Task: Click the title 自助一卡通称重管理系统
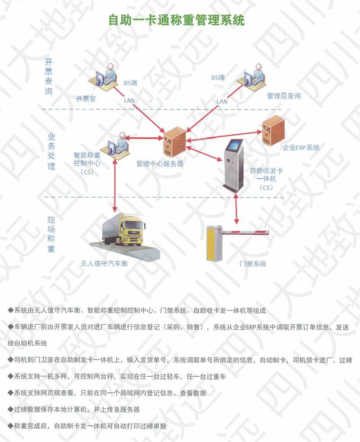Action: coord(177,20)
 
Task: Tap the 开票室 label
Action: coord(86,99)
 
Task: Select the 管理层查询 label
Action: coord(283,96)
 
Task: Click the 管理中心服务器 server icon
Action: coord(175,142)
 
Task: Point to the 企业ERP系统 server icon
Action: coord(273,130)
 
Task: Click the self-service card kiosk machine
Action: coord(234,166)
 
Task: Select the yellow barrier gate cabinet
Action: coord(214,243)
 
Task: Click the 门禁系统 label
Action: coord(253,264)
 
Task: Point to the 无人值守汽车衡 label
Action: coord(105,264)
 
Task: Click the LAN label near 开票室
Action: coord(129,100)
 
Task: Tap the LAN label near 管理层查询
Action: coord(222,101)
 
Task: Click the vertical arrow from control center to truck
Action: coord(115,186)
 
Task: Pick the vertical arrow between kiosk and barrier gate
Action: coord(236,209)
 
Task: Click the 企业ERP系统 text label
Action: coord(301,147)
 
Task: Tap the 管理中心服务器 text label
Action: coord(160,164)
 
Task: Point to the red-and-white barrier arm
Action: coord(245,232)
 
